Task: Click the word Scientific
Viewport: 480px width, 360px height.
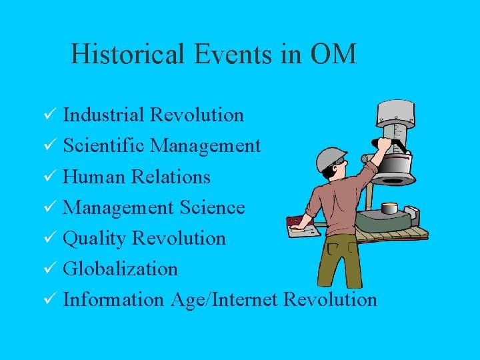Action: click(105, 145)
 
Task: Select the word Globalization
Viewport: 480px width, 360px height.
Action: click(120, 269)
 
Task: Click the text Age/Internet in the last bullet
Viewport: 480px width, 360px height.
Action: click(223, 299)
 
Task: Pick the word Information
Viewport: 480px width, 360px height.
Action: click(113, 299)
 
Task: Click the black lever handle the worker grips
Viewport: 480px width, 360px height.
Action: click(397, 143)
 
